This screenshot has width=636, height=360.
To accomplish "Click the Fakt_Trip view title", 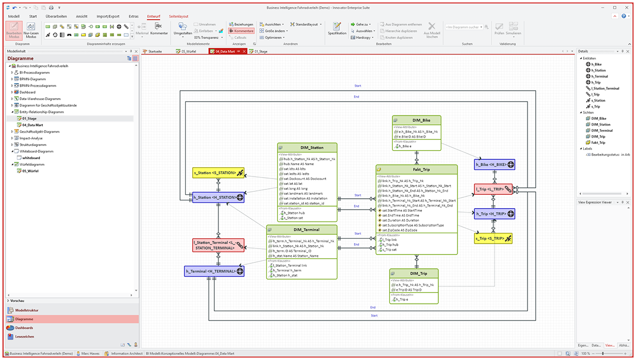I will (417, 169).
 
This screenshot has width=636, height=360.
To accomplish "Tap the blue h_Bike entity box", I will (494, 165).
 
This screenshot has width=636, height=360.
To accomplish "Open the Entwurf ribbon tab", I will (153, 16).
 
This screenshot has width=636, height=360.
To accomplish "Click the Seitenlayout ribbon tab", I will (178, 16).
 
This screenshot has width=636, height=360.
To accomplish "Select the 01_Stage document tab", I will (261, 51).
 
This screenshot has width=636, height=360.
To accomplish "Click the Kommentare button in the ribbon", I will (242, 31).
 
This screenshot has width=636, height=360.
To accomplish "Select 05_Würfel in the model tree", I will (30, 171).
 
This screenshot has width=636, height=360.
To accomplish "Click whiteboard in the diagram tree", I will (31, 158).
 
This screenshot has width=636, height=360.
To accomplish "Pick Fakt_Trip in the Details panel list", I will (598, 143).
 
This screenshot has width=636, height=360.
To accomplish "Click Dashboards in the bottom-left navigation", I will (24, 327).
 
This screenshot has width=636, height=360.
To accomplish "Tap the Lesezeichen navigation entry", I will (25, 336).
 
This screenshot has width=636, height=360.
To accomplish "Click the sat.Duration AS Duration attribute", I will (400, 220).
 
